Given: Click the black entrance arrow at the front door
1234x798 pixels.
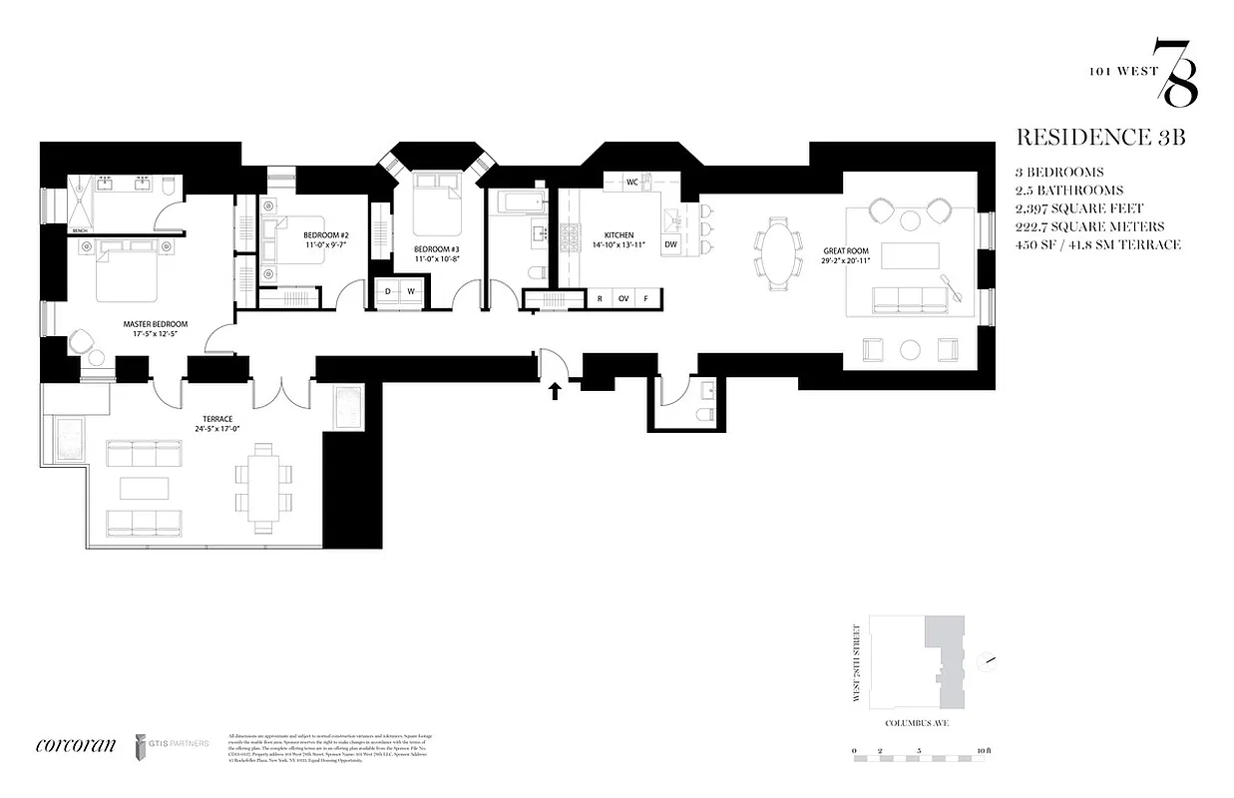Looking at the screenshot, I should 554,391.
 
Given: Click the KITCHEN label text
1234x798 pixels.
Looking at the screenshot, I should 618,236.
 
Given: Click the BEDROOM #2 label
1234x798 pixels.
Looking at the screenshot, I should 326,235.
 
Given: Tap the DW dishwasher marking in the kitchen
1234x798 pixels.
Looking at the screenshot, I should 670,243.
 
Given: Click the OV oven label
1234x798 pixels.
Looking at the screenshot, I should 623,298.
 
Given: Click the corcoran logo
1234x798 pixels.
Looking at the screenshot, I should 75,744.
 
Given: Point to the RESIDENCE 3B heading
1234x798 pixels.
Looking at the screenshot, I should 1099,138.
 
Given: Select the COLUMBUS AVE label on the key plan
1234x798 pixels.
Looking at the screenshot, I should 916,725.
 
